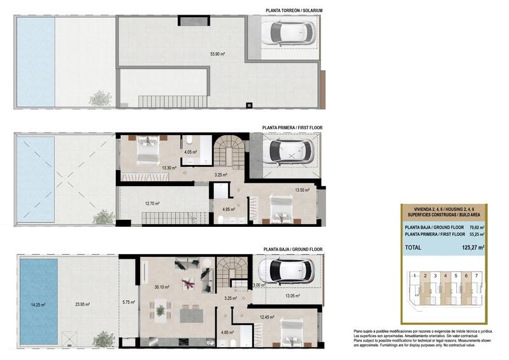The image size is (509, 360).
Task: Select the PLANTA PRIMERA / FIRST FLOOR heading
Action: click(292, 128)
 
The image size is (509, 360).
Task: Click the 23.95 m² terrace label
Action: click(82, 305)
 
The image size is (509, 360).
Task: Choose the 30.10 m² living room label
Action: click(162, 287)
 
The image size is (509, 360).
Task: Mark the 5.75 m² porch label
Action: click(128, 302)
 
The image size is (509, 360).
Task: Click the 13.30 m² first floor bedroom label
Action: click(169, 168)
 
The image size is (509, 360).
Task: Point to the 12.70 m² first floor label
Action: click(152, 204)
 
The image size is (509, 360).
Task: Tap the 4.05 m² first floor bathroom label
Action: click(190, 152)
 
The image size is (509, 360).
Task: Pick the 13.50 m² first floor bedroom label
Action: click(302, 190)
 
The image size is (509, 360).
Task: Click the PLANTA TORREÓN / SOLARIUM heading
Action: click(294, 10)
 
